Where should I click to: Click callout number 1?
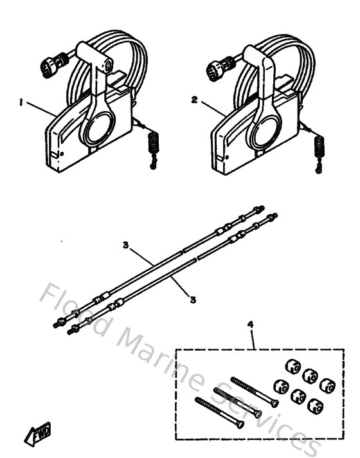(x=21, y=101)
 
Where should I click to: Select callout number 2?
(x=194, y=100)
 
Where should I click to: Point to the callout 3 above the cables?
(x=127, y=245)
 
